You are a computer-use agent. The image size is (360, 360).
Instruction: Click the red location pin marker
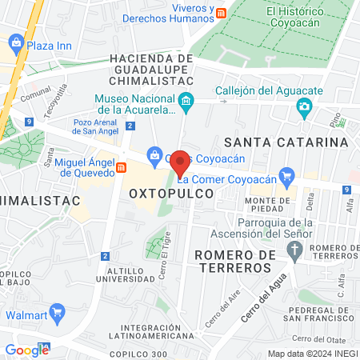[x=180, y=162]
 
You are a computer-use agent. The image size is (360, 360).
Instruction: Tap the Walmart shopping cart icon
[x=57, y=311]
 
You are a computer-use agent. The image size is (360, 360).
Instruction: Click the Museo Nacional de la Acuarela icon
[x=186, y=101]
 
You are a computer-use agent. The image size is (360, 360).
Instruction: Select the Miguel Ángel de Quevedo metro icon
[x=122, y=167]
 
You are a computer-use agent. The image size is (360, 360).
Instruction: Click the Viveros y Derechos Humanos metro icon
[x=222, y=13]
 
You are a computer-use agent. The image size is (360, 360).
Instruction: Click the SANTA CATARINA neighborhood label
[x=286, y=142]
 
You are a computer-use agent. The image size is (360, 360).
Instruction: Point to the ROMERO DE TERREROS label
[x=234, y=260]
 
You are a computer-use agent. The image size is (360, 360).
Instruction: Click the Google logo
[x=26, y=349]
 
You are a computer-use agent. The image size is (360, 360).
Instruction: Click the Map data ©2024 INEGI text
[x=311, y=353]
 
